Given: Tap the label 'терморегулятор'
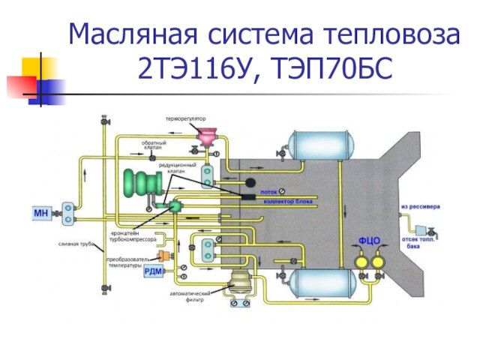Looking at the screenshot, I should pyautogui.click(x=186, y=118).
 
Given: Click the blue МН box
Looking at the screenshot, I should pyautogui.click(x=41, y=214).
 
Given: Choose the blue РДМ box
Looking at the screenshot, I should pyautogui.click(x=154, y=271).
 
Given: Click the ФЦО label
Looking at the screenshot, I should pyautogui.click(x=368, y=241).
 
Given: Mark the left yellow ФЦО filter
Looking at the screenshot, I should pyautogui.click(x=360, y=262).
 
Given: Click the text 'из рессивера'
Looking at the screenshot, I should pyautogui.click(x=421, y=206).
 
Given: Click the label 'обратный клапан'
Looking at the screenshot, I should pyautogui.click(x=154, y=145).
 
